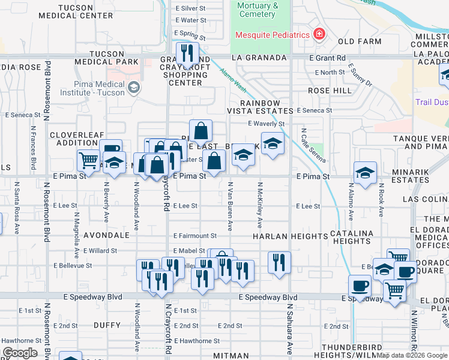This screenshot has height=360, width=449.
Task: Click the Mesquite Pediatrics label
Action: click(x=273, y=34)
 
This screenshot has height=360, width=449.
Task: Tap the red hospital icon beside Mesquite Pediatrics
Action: click(x=319, y=34)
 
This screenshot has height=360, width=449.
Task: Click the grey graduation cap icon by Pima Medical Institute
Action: click(x=133, y=88)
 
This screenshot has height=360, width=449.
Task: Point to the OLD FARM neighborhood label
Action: click(x=359, y=41)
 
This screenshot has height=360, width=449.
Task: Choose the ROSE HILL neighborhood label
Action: click(x=330, y=90)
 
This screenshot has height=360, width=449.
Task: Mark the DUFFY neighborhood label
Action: click(x=108, y=325)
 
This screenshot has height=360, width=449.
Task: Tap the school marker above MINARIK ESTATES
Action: click(x=365, y=173)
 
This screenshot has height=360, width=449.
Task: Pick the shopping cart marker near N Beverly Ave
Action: click(x=88, y=160)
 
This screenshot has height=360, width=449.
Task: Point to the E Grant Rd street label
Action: click(x=328, y=58)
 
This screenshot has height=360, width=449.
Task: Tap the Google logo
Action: click(x=20, y=353)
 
